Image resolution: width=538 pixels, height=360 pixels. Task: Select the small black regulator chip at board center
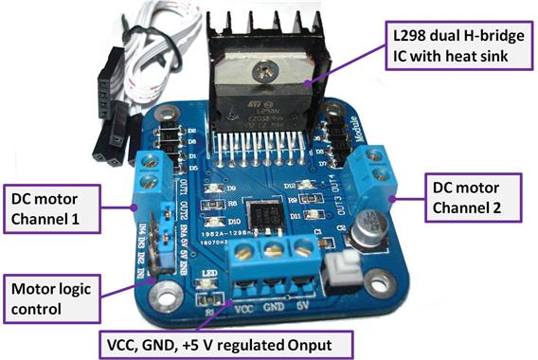256,212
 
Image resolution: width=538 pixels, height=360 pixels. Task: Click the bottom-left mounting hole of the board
159,283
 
